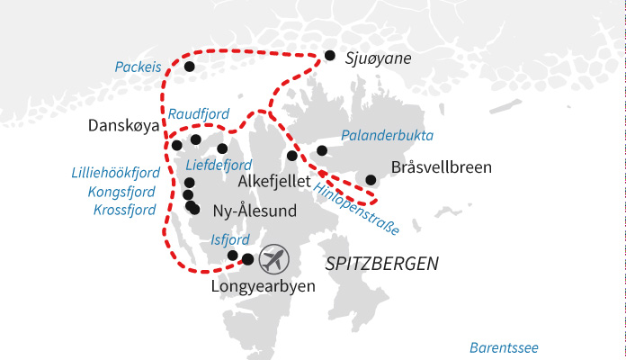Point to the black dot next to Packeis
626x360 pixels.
click(189, 67)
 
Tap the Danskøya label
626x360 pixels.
click(123, 126)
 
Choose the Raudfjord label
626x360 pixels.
click(199, 114)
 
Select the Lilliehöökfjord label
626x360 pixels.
click(116, 173)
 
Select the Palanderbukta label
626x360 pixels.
click(388, 136)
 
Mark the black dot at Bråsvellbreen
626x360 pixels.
click(371, 179)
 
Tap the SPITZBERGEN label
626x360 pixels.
click(381, 265)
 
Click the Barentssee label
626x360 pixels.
click(507, 347)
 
